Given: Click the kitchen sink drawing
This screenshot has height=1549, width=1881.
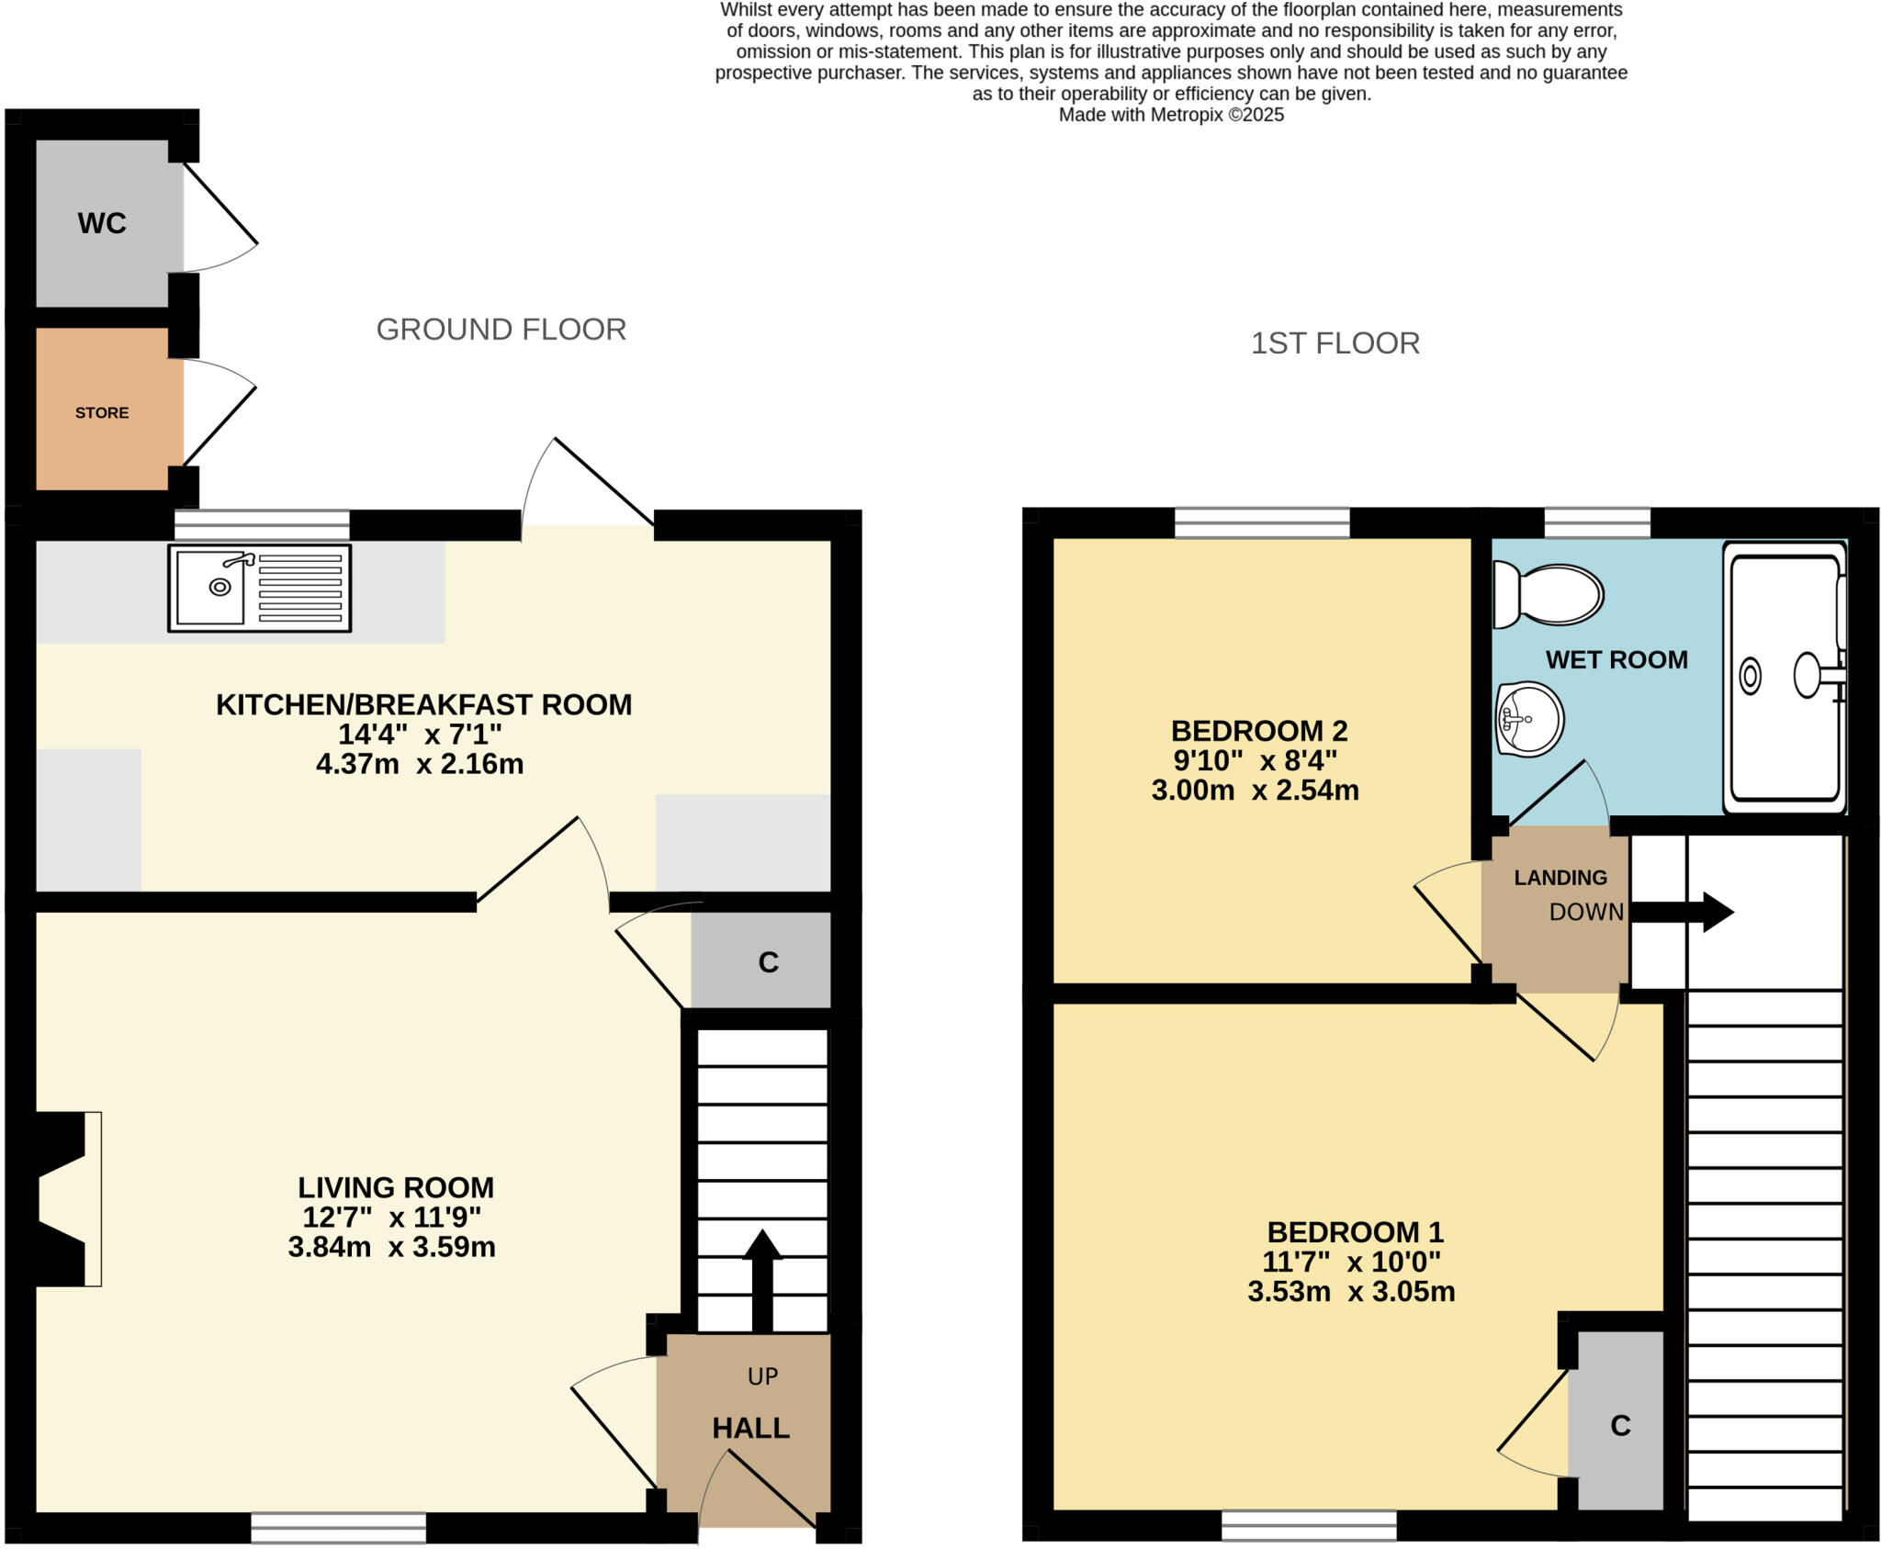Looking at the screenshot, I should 259,589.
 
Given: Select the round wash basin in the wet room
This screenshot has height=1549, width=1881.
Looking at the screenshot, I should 1529,719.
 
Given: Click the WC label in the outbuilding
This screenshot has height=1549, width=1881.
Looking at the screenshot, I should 102,223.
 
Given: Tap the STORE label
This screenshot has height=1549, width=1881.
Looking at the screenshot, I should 102,413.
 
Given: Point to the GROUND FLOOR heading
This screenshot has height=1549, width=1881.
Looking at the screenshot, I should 501,330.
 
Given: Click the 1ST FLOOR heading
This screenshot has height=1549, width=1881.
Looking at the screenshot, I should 1335,343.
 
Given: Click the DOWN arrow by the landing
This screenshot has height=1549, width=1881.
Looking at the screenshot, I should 1681,912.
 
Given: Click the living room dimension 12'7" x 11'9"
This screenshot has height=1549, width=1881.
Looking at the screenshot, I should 392,1218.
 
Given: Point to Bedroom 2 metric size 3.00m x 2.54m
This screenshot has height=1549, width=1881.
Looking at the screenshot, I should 1255,791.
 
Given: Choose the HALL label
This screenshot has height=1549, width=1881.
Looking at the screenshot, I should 750,1428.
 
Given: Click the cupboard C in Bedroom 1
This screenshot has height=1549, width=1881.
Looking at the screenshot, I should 1620,1425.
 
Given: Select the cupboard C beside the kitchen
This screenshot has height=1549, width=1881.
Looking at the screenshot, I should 768,961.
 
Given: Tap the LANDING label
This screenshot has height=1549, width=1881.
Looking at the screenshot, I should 1560,878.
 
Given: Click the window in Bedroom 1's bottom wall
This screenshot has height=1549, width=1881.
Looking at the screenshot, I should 1308,1526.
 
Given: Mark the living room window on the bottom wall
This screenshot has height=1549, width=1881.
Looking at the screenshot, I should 338,1528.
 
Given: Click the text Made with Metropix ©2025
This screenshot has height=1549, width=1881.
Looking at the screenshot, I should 1171,115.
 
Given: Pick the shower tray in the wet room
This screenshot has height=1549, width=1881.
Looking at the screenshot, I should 1785,678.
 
